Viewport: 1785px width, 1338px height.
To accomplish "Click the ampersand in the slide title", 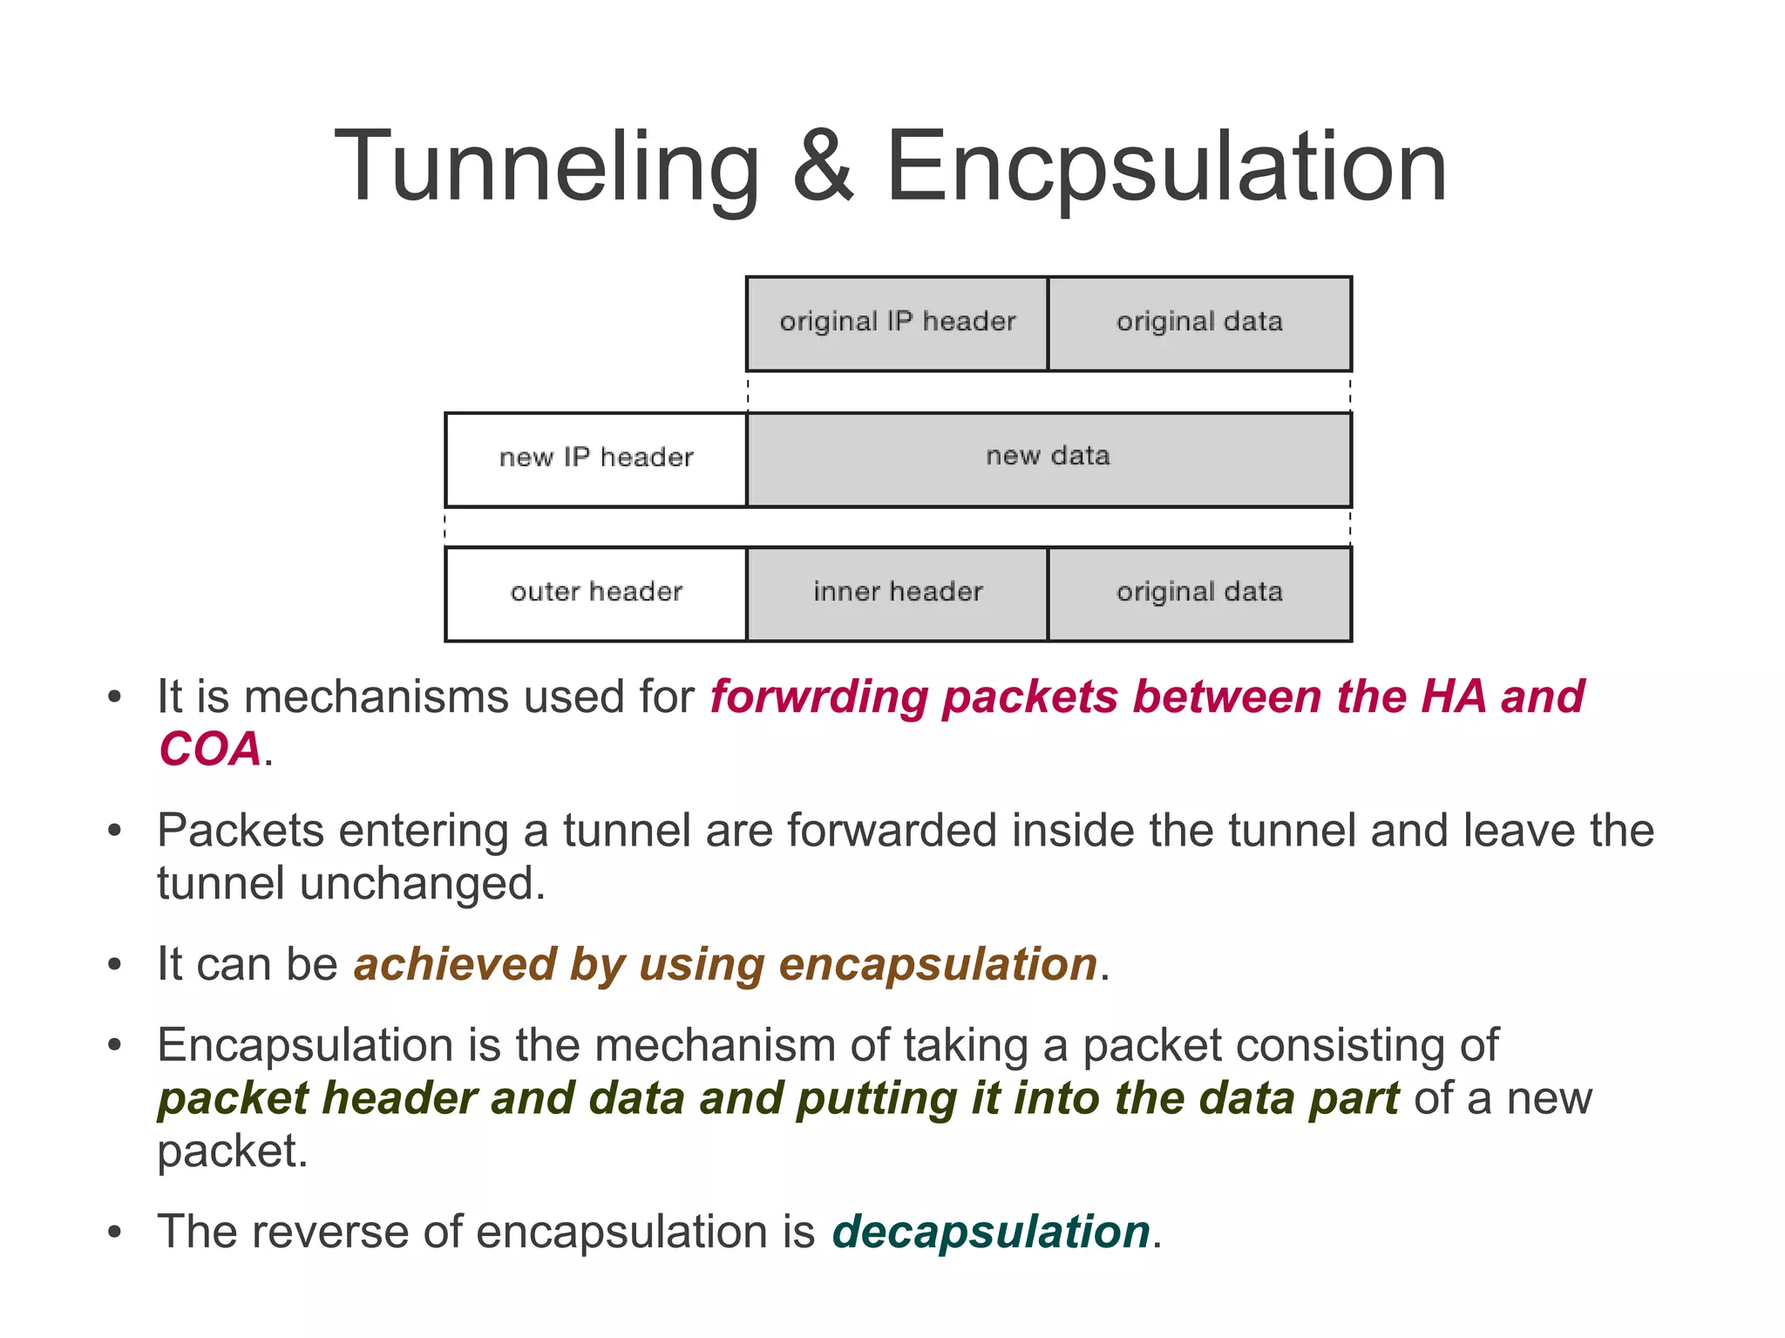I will (x=823, y=167).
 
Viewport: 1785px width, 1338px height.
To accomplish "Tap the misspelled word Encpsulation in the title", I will (x=1165, y=167).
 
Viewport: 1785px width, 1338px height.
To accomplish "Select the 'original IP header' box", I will (x=897, y=323).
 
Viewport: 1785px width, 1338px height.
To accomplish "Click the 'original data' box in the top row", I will (x=1199, y=323).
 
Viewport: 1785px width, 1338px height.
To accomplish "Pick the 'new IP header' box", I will (x=596, y=458).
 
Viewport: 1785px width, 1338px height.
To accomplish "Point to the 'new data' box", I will (x=1049, y=458).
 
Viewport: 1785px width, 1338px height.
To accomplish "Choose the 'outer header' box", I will (x=596, y=593).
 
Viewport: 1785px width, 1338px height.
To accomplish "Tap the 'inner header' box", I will (x=897, y=593).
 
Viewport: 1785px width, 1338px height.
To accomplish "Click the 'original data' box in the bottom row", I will (x=1199, y=593).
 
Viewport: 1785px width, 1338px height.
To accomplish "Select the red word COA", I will (x=210, y=750).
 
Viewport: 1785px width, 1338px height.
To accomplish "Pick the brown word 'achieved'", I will (x=454, y=965).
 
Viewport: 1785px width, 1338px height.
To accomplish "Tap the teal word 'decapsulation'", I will (x=991, y=1233).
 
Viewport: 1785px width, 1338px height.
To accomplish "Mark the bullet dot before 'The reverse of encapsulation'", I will (x=114, y=1233).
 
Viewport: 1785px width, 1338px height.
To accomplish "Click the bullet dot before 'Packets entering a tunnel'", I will (x=114, y=832).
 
